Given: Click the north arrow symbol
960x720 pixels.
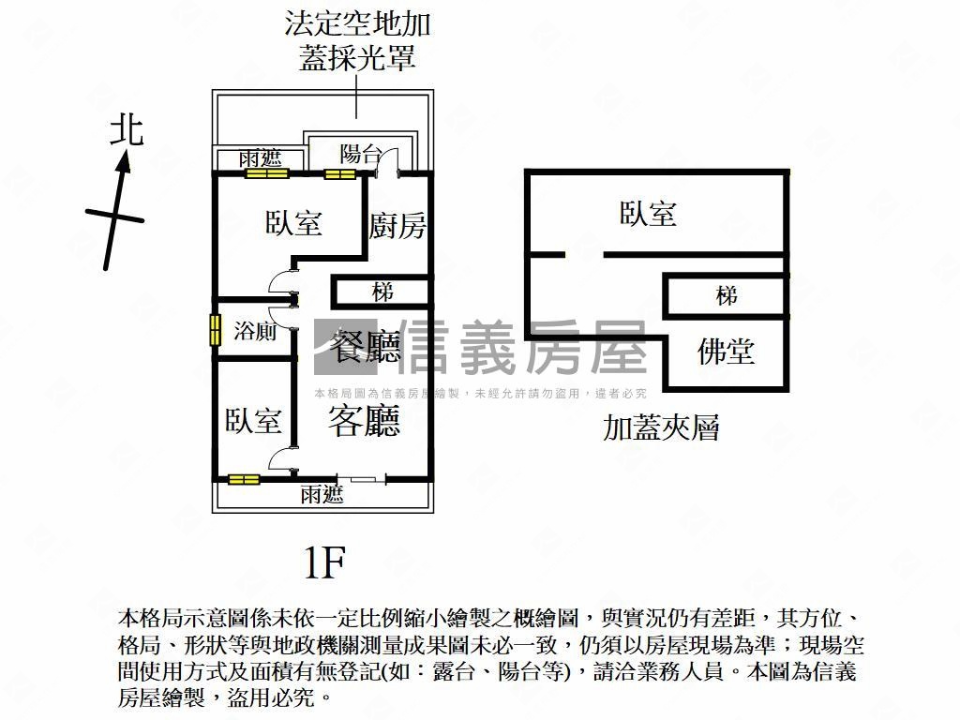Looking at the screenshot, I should [116, 212].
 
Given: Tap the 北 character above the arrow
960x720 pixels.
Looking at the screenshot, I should [127, 129].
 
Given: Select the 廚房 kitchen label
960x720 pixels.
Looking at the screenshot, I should [397, 226].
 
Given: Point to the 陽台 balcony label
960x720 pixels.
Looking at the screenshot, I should [360, 154].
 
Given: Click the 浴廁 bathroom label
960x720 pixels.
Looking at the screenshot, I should [255, 330].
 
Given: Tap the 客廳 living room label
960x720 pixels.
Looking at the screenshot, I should [364, 421].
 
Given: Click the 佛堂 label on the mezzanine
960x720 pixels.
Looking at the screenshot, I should [726, 352].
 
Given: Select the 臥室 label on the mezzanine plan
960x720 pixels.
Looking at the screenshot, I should [648, 215].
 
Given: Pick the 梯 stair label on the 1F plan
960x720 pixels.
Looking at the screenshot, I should [382, 292].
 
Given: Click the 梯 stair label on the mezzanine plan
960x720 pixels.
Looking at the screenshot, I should [726, 296].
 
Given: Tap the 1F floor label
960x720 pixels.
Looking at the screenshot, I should [325, 562].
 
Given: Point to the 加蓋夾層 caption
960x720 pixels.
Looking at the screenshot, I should [661, 428].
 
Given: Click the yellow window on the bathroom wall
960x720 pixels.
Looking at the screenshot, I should [215, 330].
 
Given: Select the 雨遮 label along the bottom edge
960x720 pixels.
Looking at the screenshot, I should [322, 495].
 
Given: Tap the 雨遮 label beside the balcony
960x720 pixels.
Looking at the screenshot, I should [260, 158].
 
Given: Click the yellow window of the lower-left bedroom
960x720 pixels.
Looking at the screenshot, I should [244, 479].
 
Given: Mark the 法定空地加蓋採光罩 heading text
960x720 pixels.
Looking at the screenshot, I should [357, 40].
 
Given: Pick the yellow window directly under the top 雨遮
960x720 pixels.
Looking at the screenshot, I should [264, 173].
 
